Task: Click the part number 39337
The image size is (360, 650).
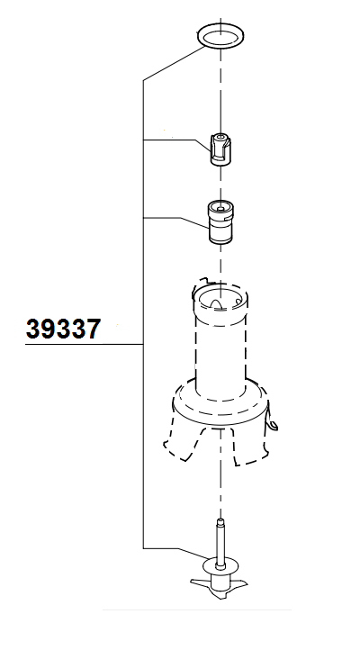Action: point(63,329)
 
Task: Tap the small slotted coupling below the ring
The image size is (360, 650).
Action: point(220,149)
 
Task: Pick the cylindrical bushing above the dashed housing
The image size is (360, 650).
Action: point(220,221)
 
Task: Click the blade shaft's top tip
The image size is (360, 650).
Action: point(220,520)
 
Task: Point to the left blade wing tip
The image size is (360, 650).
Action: point(192,582)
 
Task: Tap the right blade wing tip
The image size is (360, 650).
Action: point(247,583)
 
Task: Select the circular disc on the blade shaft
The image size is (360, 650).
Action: point(221,565)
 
